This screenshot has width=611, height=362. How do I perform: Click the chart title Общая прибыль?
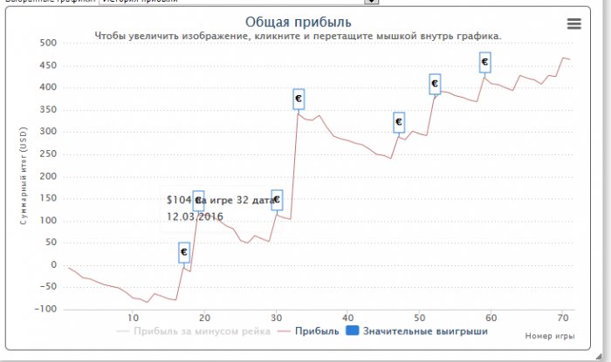[x=299, y=21]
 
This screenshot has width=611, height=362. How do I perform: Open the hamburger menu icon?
[x=573, y=24]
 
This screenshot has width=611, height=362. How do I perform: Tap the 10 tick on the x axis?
[x=133, y=318]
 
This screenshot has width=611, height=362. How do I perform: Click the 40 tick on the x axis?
[x=347, y=318]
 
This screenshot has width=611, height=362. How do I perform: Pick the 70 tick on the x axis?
[x=563, y=318]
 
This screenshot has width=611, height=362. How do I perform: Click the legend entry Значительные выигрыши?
[x=424, y=331]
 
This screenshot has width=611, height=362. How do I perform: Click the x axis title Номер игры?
[x=550, y=335]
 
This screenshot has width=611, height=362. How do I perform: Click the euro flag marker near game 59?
[x=484, y=62]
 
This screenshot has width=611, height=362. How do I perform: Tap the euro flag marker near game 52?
[x=435, y=84]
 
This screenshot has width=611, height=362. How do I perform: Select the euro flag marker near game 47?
[x=399, y=122]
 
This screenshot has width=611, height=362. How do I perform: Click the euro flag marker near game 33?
[x=299, y=99]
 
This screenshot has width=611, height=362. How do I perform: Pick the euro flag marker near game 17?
[x=184, y=251]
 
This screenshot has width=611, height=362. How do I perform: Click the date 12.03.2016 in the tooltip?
[x=196, y=216]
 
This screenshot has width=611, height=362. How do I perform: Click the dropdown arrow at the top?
[x=371, y=2]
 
